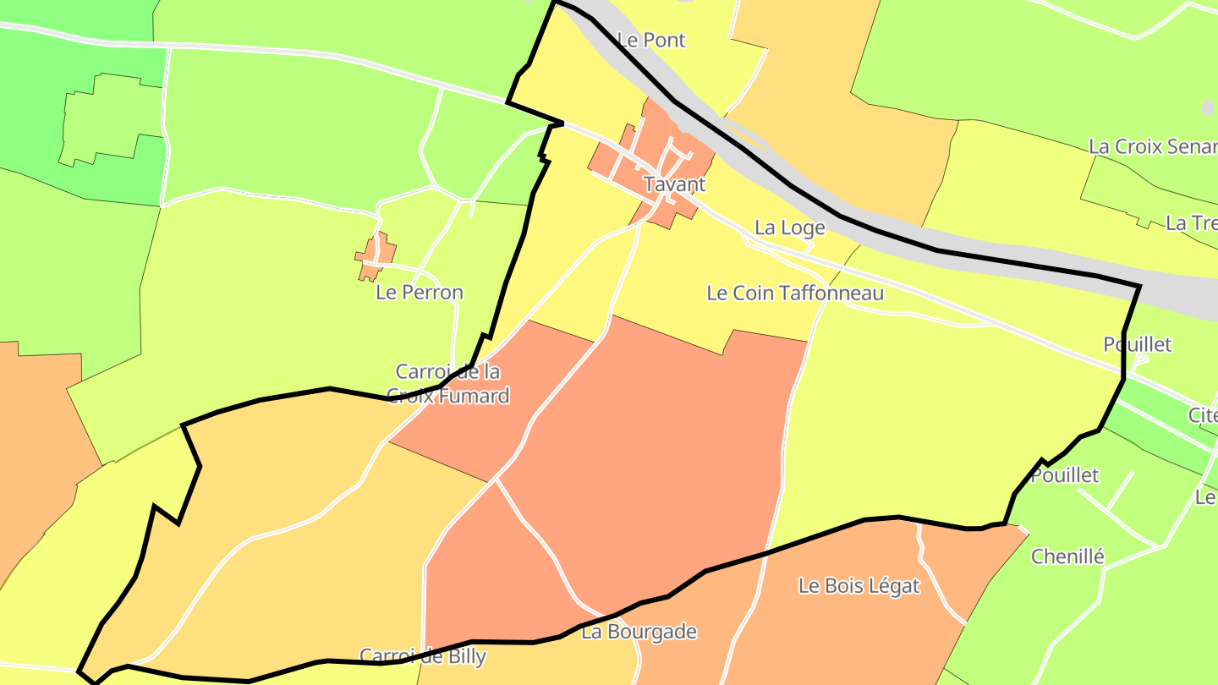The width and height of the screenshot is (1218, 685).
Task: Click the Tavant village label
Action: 674,184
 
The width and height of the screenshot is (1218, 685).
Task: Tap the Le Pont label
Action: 650,40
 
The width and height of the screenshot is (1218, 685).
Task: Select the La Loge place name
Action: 789,227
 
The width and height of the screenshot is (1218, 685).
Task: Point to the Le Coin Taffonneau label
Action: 794,293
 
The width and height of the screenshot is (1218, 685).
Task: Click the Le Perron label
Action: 420,293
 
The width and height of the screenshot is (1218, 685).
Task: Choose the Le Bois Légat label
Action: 859,585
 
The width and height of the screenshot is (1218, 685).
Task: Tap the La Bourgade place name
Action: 639,631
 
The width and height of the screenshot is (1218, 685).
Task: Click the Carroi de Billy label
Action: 422,655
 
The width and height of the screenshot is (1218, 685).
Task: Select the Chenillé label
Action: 1067,556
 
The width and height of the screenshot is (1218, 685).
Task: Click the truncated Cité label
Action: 1202,415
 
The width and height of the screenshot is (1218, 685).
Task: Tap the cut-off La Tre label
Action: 1191,223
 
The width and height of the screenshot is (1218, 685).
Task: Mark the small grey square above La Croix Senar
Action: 1207,107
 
